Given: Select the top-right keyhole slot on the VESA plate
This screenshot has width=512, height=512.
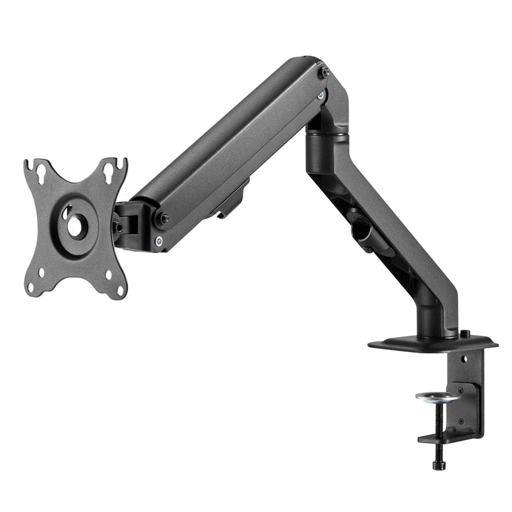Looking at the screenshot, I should (111, 170).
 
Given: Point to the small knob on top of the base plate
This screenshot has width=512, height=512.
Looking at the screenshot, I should (464, 334).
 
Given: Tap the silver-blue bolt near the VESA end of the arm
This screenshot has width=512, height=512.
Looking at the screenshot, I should (158, 241).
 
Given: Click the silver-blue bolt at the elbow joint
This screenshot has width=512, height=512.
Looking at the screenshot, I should (321, 95).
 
